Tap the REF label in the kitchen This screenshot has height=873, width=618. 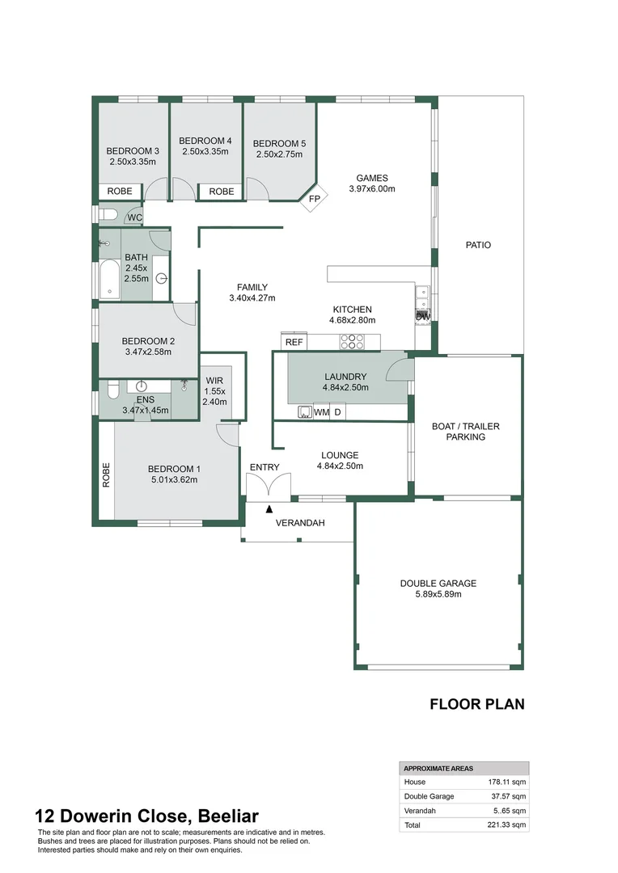294,343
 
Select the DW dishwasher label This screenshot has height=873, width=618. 422,316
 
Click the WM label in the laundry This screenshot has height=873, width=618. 322,413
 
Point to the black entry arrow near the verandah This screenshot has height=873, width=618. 269,508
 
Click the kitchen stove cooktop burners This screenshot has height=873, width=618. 353,342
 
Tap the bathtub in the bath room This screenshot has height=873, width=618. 109,280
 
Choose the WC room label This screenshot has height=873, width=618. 134,217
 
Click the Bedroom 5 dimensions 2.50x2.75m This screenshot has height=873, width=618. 279,154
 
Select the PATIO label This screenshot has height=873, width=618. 478,245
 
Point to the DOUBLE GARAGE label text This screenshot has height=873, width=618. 438,584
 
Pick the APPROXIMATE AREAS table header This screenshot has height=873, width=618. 439,768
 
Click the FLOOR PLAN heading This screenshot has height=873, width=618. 476,704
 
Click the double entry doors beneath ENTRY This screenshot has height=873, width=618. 269,487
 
